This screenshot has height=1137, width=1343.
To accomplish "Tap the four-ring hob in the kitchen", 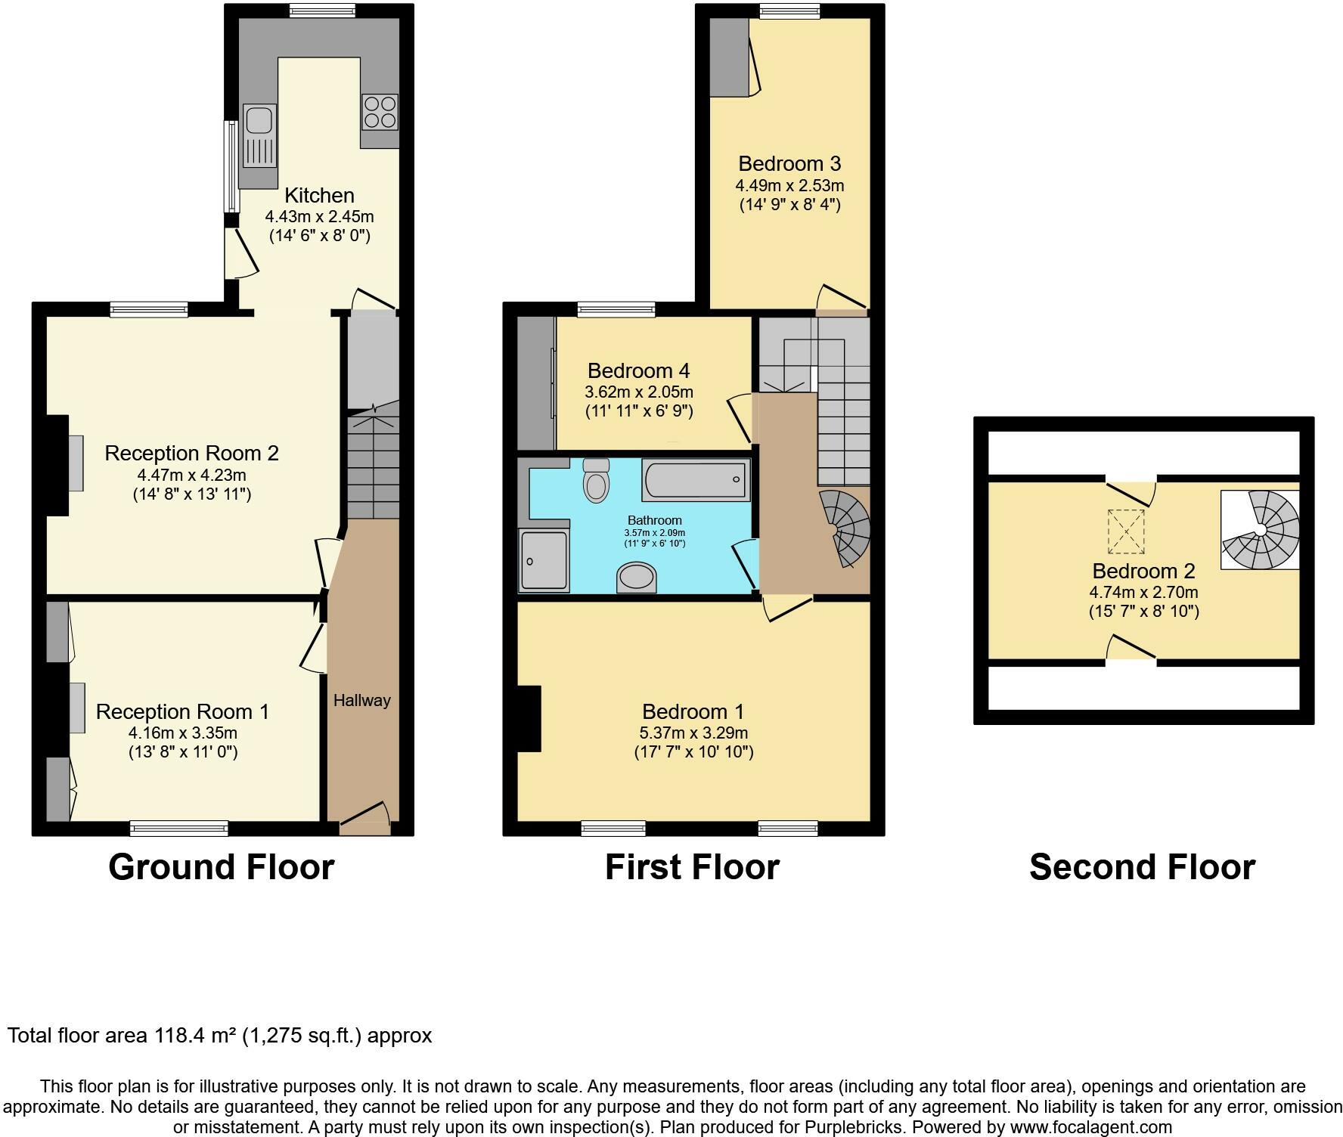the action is (x=380, y=112).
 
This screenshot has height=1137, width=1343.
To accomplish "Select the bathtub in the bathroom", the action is (x=696, y=479).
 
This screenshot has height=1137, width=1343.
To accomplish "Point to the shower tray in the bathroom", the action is (x=544, y=560).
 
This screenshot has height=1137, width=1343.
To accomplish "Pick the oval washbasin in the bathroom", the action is (x=637, y=578).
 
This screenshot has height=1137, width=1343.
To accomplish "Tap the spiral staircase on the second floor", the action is (x=1260, y=530).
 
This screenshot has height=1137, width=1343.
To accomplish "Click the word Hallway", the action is (x=362, y=700).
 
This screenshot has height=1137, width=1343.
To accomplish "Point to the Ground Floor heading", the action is (x=221, y=866).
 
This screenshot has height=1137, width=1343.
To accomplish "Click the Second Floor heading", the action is (x=1142, y=866).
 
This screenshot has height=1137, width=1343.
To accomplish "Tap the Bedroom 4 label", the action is (x=638, y=370).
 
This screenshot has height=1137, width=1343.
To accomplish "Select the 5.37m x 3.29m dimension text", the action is (x=693, y=733).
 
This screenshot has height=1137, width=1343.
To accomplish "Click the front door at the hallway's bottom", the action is (x=364, y=819).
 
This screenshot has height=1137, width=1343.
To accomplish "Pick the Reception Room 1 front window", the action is (x=179, y=829).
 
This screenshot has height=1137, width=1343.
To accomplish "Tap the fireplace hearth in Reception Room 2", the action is (x=76, y=463).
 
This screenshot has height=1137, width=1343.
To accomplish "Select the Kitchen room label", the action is (x=319, y=195).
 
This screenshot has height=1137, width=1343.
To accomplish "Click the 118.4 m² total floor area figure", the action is (x=198, y=1035).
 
